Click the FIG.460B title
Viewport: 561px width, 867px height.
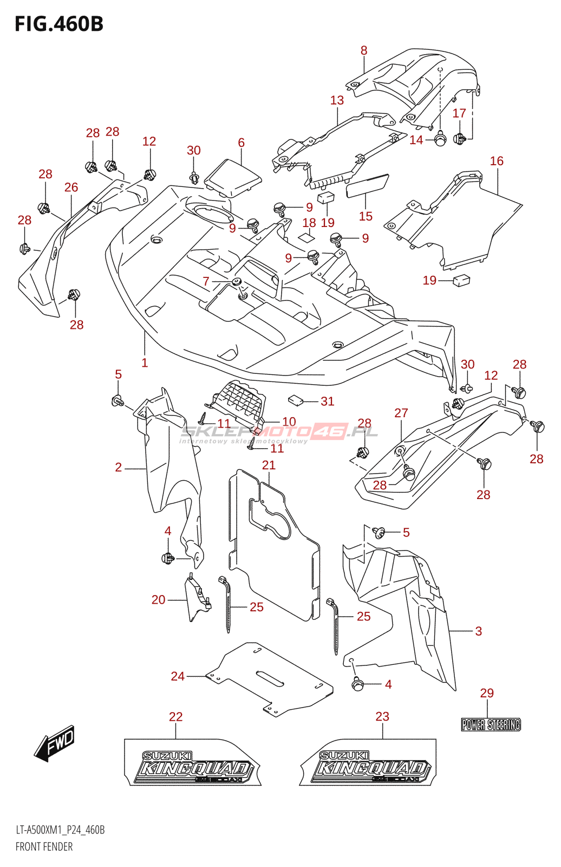(59, 24)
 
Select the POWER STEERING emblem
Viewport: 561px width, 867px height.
(491, 724)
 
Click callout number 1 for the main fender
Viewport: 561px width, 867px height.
(145, 363)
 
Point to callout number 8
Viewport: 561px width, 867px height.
(364, 50)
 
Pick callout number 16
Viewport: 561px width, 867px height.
(497, 161)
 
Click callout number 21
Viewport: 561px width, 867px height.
(269, 465)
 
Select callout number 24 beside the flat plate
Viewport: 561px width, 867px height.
(178, 676)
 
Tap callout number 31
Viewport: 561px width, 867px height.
(327, 401)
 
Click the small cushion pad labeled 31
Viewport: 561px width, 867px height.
(295, 400)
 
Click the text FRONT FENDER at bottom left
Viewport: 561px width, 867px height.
(44, 846)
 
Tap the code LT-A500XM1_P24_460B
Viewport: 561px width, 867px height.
(60, 830)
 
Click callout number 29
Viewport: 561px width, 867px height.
(487, 693)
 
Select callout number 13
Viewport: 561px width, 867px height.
(337, 100)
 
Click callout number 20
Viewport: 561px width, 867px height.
(158, 599)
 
